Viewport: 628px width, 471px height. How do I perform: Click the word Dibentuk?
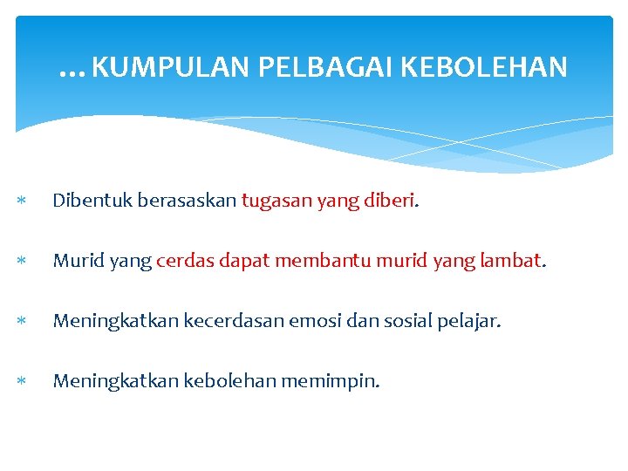tap(85, 201)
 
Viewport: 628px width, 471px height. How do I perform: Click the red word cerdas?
tap(182, 260)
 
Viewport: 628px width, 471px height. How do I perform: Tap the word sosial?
tap(388, 320)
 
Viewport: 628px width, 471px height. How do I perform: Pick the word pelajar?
tap(468, 321)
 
